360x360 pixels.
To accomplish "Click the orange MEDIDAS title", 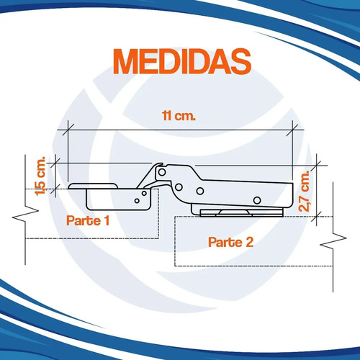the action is tap(182, 61).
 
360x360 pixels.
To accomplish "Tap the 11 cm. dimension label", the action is tap(179, 116).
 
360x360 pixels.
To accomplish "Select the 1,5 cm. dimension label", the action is tap(40, 176).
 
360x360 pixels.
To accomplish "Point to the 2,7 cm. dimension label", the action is tap(305, 191).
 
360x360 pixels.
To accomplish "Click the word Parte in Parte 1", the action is tap(84, 220).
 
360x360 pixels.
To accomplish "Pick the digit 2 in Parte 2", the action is tap(250, 242).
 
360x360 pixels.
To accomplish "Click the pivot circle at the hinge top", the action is tap(162, 172).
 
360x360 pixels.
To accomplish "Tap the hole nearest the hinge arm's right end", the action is tap(257, 200).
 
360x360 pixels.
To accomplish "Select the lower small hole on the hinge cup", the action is tap(137, 201).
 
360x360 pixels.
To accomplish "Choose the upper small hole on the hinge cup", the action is tap(144, 193).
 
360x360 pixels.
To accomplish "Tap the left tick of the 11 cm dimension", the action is tap(68, 130).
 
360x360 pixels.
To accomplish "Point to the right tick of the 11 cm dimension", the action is tap(292, 130).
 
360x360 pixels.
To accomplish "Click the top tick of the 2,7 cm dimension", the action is tap(317, 166).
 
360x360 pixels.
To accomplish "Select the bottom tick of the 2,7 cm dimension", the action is tap(317, 217).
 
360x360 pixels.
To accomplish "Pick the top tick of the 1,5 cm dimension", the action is tap(55, 163).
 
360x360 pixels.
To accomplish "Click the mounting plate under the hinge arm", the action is tap(241, 212).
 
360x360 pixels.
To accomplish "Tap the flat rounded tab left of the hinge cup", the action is tap(93, 186).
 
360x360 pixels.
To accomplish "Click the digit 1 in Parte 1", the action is tap(107, 220).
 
